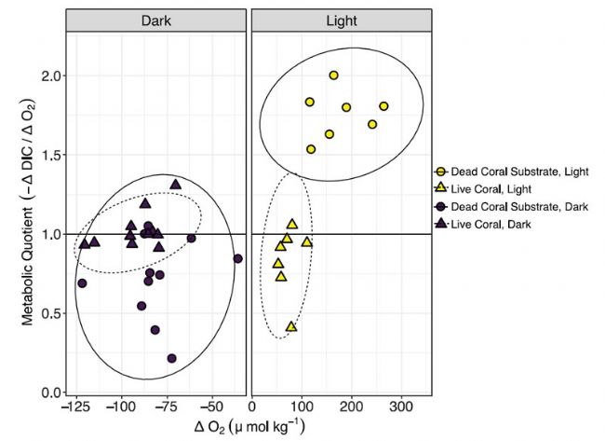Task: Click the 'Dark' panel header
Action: (x=155, y=21)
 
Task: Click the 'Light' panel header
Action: (x=342, y=21)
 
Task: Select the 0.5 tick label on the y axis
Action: (x=46, y=313)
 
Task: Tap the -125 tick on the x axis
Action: (x=76, y=408)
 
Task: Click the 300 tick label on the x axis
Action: (x=400, y=408)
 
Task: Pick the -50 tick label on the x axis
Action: (x=211, y=408)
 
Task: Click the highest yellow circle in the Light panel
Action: (x=333, y=76)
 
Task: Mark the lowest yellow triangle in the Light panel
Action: (x=291, y=326)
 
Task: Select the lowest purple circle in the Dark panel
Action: (x=172, y=358)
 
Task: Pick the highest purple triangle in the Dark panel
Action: (x=175, y=184)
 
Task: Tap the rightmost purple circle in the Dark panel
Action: (x=237, y=258)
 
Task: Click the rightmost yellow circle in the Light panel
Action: (x=383, y=106)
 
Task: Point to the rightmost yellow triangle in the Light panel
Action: (x=306, y=242)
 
